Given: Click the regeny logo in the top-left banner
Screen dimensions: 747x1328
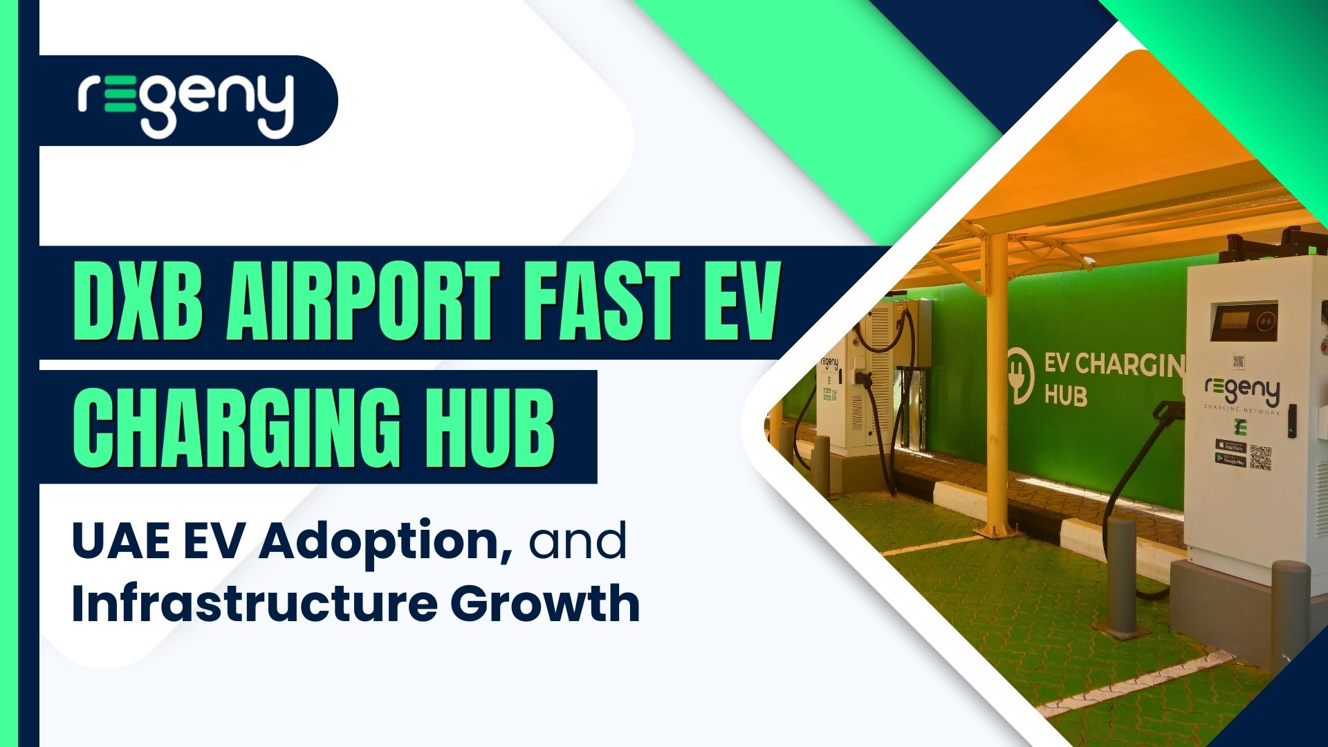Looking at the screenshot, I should [185, 104].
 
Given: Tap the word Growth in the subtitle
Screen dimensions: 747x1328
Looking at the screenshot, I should [545, 603].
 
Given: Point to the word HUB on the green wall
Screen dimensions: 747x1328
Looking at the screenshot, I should [1065, 396].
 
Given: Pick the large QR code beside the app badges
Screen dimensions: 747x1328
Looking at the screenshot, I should [1261, 457].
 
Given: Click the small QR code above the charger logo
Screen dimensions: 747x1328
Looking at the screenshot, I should [1238, 360].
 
